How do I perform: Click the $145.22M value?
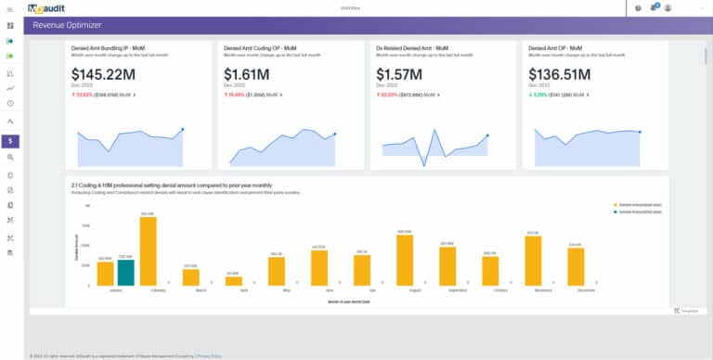(x=110, y=73)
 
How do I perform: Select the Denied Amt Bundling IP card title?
(x=110, y=46)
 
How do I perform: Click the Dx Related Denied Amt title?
(x=411, y=46)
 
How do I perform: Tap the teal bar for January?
(x=125, y=272)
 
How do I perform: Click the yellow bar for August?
(x=404, y=260)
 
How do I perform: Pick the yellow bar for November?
(x=532, y=260)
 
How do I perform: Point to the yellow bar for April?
(x=233, y=280)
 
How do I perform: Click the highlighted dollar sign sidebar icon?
(x=9, y=141)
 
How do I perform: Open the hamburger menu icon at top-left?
(x=9, y=7)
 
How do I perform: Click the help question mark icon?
(x=638, y=7)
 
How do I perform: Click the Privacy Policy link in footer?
(x=209, y=355)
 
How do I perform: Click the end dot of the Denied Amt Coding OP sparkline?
(x=334, y=134)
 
